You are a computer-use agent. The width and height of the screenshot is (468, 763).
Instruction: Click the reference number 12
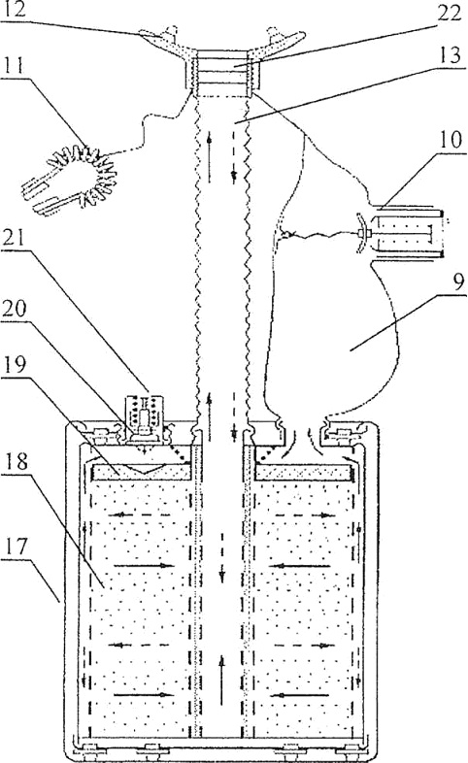click(15, 11)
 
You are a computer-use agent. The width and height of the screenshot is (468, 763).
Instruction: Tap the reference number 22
click(448, 14)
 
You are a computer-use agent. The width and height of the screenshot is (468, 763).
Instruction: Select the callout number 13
click(450, 55)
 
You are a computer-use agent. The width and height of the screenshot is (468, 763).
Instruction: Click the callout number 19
click(16, 365)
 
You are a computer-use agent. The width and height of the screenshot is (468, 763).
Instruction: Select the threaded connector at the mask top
click(222, 73)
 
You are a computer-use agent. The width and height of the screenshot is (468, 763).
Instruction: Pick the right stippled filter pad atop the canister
click(304, 472)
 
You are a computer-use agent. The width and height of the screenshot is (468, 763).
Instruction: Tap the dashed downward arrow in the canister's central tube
click(222, 557)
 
